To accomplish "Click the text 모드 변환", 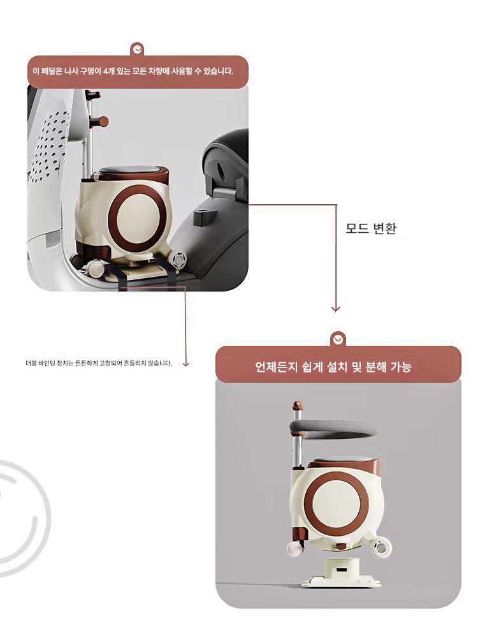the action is pos(371,228).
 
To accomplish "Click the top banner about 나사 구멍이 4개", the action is pos(138,72).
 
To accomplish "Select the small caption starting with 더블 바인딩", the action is pos(99,364).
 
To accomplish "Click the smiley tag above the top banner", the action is pos(138,50).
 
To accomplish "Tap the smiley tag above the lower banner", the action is pos(338,339).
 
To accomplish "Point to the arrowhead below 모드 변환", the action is pos(336,308).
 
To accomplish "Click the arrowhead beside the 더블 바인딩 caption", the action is pos(185,364).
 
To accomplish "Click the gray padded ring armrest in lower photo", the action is pos(335,429).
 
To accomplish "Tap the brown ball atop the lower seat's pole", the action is pos(297,405).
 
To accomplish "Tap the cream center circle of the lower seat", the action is pos(336,503).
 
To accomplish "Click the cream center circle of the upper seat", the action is pos(138,217).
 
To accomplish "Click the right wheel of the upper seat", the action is pos(177,259).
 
